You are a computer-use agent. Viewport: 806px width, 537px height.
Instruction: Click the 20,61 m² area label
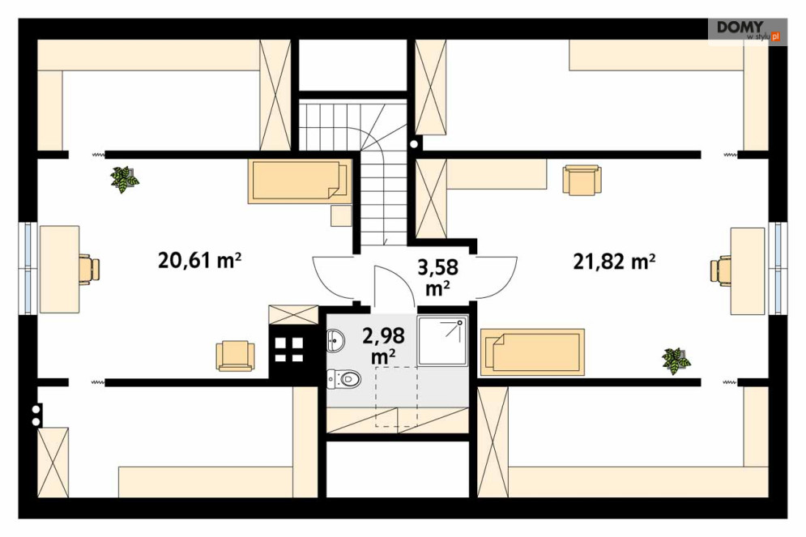[x=199, y=260]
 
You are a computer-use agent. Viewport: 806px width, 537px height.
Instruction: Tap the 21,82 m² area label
[x=614, y=261]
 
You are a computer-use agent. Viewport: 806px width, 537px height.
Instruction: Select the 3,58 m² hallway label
[x=437, y=278]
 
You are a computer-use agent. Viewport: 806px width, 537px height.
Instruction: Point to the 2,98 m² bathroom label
[x=383, y=345]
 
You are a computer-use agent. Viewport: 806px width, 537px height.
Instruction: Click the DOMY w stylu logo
[x=748, y=30]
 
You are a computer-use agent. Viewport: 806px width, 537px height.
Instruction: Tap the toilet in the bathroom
[x=344, y=379]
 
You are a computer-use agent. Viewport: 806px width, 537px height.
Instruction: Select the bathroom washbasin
[x=335, y=339]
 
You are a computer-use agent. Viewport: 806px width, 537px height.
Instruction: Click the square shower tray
[x=442, y=341]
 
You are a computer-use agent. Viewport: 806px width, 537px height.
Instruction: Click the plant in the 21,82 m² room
[x=676, y=360]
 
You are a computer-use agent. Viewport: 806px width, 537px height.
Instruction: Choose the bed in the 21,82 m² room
[x=532, y=352]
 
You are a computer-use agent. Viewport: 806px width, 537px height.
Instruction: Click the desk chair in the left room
[x=89, y=269]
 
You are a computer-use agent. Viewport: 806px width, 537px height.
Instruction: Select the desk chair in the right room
[x=721, y=270]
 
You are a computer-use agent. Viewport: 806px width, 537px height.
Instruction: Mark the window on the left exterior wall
[x=28, y=268]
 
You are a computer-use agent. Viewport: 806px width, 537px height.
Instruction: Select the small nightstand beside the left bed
[x=341, y=215]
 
